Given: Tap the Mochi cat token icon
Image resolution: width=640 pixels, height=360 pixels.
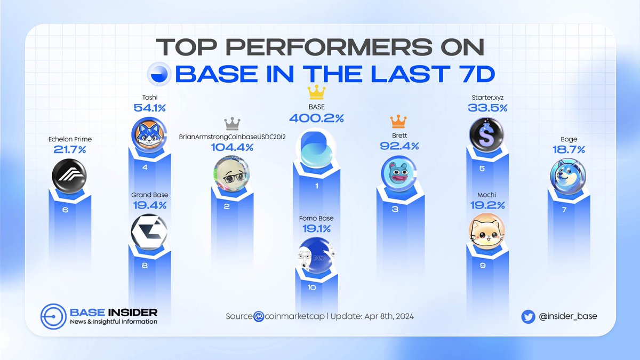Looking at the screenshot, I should click(485, 230).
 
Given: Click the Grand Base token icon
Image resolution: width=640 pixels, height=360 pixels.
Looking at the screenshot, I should click(149, 232).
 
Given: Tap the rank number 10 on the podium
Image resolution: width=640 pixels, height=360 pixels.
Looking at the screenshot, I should click(312, 287).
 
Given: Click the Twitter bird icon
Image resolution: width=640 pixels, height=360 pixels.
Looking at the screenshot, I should click(528, 316).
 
